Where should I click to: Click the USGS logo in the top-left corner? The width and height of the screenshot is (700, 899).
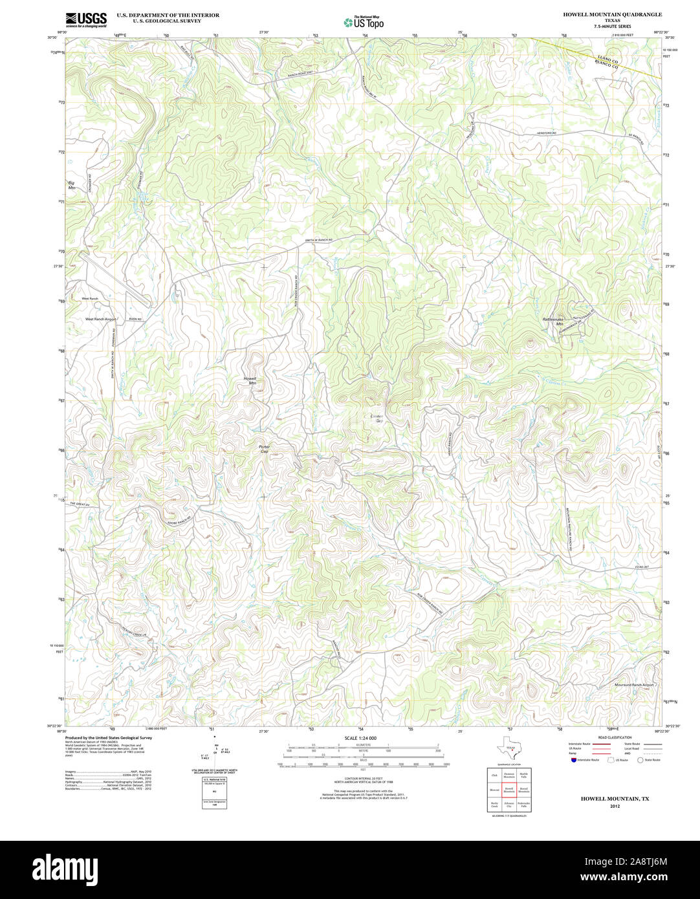point(86,19)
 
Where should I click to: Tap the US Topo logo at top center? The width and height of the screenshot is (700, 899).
point(364,22)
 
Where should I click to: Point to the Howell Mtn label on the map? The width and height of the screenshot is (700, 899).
point(250,380)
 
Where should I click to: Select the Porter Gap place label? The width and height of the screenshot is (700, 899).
point(263,449)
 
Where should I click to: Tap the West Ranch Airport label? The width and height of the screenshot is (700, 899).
point(100,320)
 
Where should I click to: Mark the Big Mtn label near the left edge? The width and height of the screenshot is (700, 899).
point(71,186)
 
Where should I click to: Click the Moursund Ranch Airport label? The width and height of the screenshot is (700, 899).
point(634,684)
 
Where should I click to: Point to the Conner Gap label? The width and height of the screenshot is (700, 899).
point(377,418)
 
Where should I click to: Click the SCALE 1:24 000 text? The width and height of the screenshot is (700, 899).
point(360,738)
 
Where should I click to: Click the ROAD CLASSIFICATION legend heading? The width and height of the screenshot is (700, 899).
point(615,737)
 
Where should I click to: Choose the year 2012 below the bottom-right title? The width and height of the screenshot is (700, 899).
point(614,806)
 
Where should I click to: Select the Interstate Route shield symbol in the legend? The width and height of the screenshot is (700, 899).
point(573,760)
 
